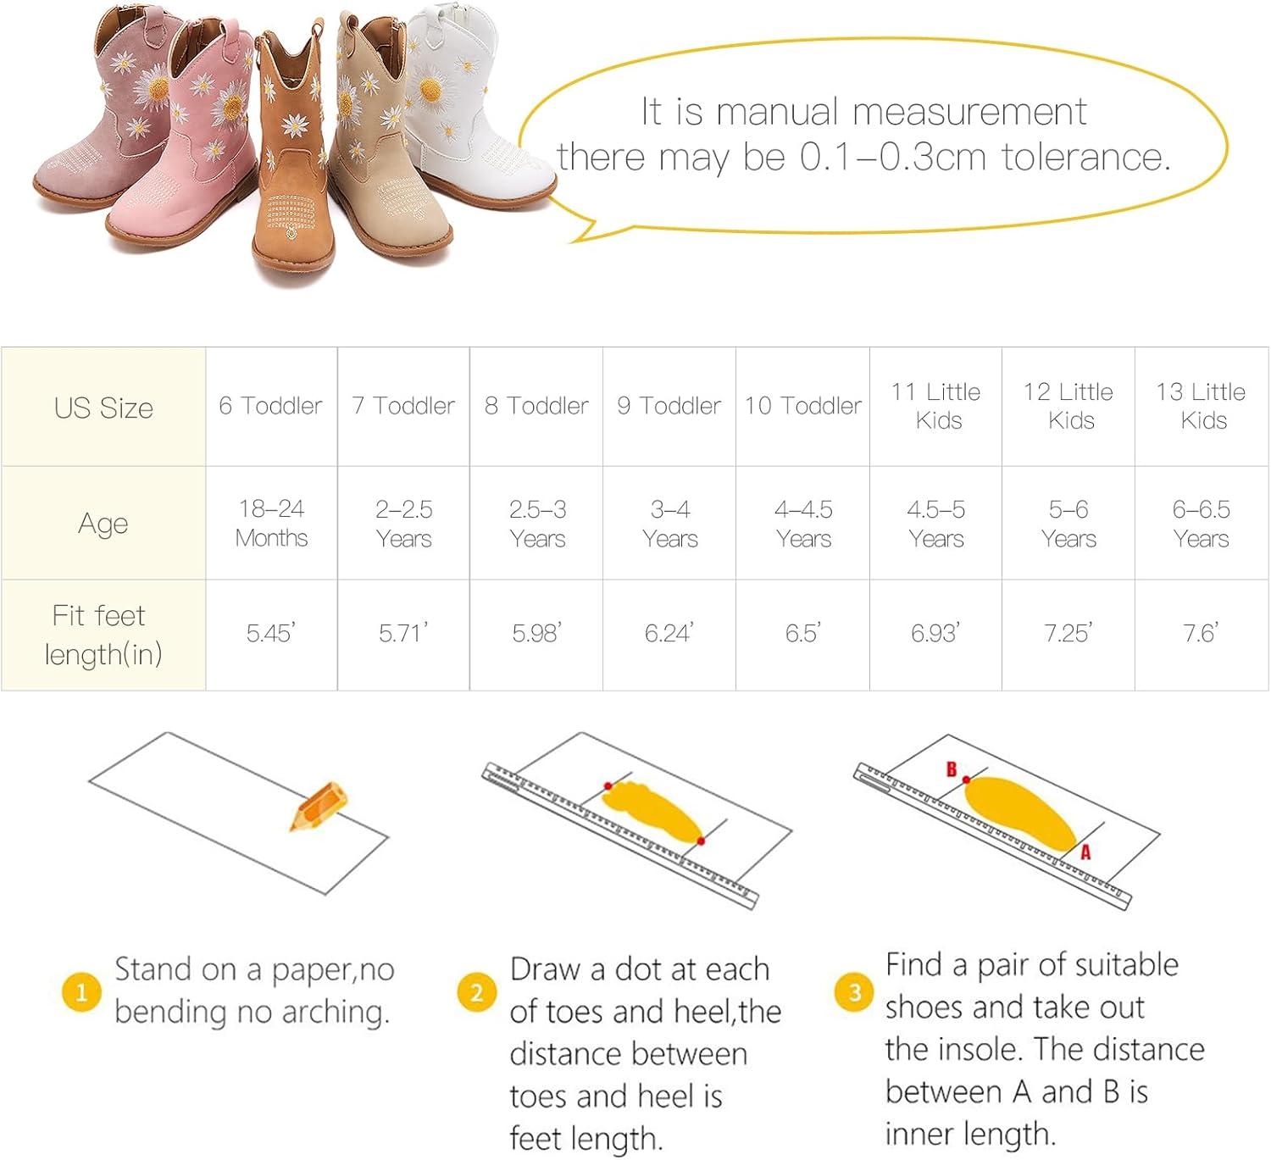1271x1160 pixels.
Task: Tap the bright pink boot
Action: [x=190, y=146]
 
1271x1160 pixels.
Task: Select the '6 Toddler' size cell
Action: [x=270, y=406]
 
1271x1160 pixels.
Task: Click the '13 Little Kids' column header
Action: [x=1201, y=406]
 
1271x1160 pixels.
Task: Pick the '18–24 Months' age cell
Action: [x=271, y=523]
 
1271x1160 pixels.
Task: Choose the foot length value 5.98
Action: [x=536, y=633]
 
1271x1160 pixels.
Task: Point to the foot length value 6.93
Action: [x=935, y=633]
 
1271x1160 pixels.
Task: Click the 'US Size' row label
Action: [x=103, y=408]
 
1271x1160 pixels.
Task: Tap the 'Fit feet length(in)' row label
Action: [x=103, y=635]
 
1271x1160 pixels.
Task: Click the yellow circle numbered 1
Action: [x=81, y=992]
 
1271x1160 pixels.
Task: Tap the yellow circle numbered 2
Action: [x=476, y=992]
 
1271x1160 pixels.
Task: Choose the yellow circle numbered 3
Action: [x=854, y=992]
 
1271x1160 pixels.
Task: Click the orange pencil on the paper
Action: [x=319, y=805]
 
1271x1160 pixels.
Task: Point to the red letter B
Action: [x=951, y=769]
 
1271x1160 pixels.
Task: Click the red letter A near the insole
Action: [x=1085, y=852]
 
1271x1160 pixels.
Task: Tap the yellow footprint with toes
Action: [x=652, y=812]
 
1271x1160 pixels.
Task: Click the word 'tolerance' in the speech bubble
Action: [x=1085, y=157]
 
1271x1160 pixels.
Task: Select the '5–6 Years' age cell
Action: [x=1068, y=524]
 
